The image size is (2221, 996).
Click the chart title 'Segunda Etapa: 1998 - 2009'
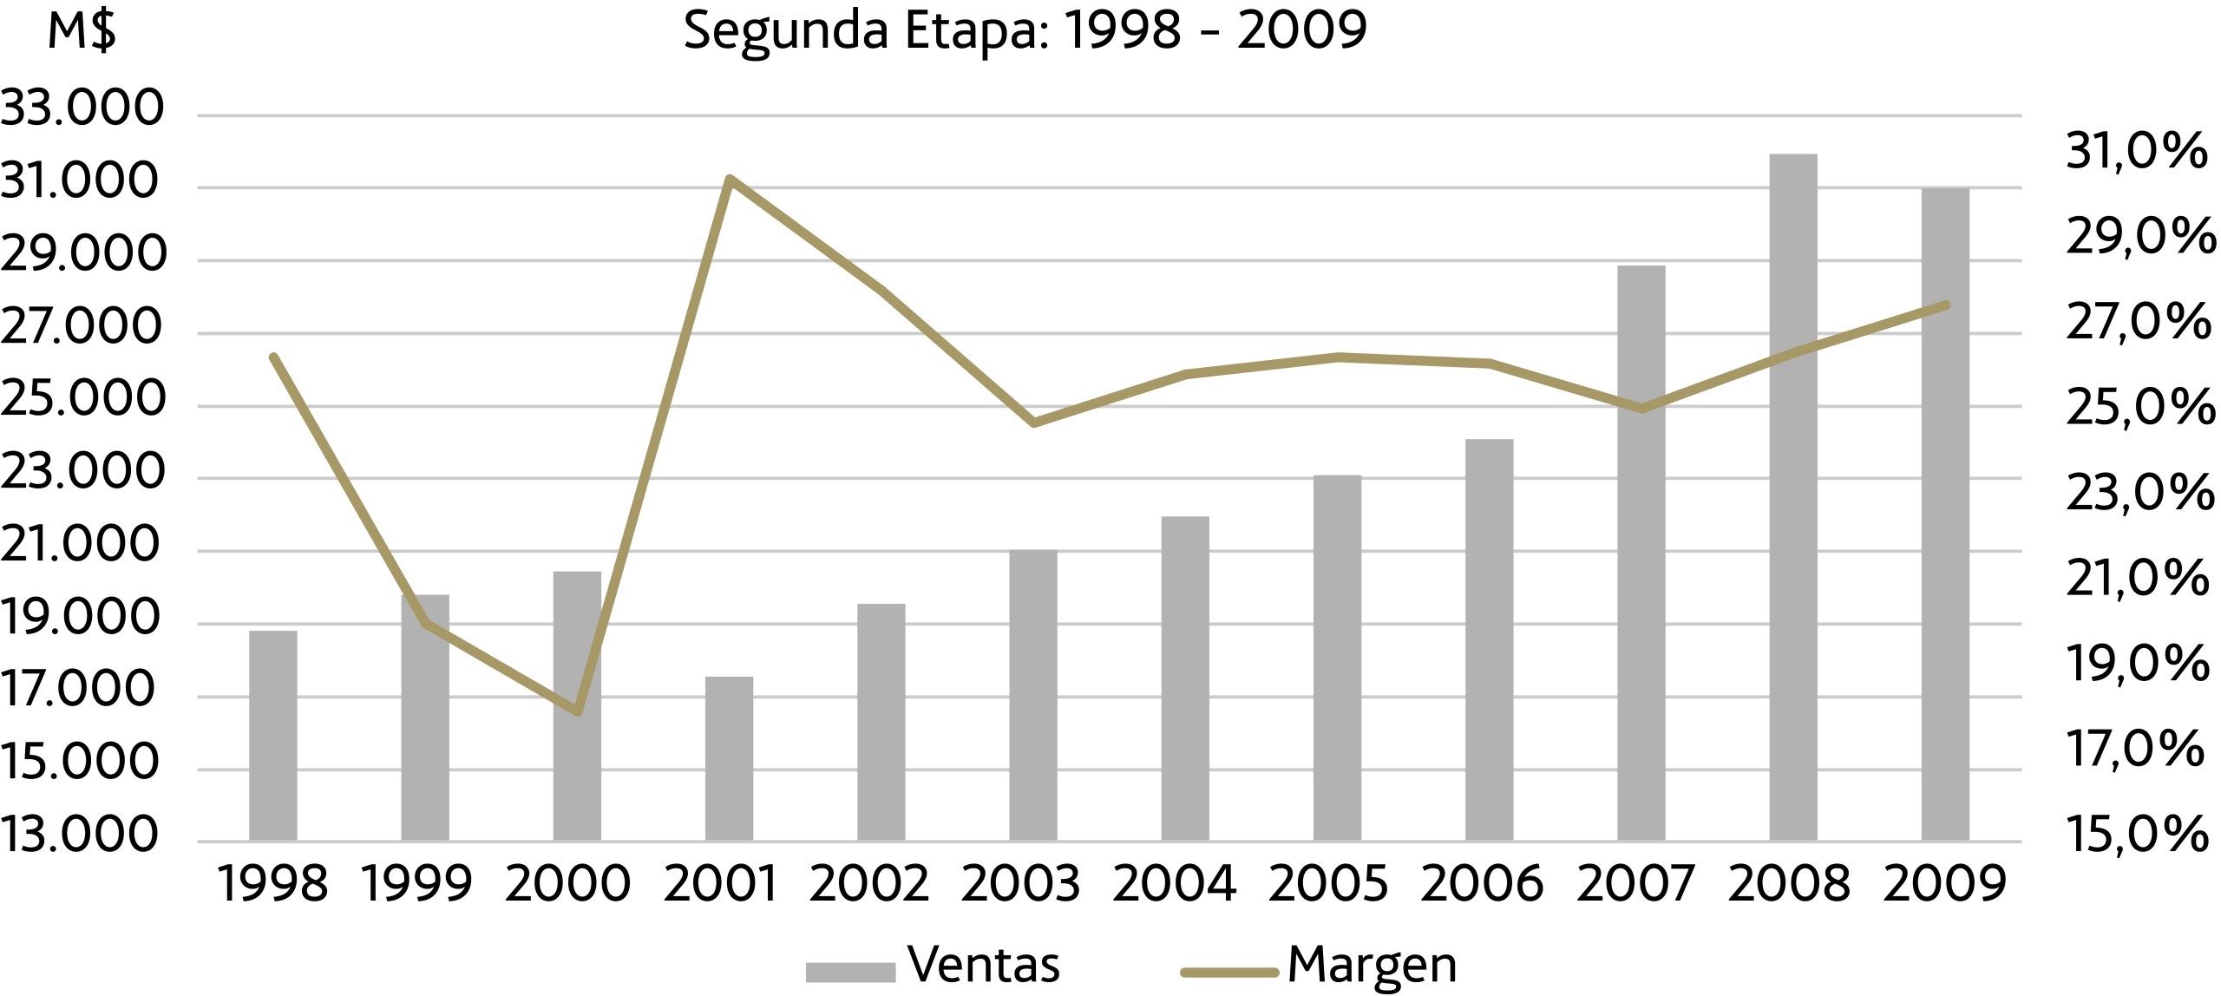pos(1025,31)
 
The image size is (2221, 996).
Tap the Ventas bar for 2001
pos(729,758)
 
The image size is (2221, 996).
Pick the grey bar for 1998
pos(273,736)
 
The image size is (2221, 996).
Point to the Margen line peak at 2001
pos(730,180)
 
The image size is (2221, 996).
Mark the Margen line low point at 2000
pos(578,711)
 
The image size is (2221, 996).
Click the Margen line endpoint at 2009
pos(1946,305)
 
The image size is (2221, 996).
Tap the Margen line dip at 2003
pos(1033,423)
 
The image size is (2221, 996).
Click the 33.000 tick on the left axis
pos(82,108)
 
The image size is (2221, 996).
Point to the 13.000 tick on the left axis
pos(81,835)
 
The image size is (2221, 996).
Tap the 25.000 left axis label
pos(82,399)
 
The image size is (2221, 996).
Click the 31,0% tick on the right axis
pos(2136,151)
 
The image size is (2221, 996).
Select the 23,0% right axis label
pos(2139,494)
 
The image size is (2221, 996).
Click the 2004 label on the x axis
pos(1174,885)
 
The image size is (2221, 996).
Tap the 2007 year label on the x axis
pos(1635,885)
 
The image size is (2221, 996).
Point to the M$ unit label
pos(82,31)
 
